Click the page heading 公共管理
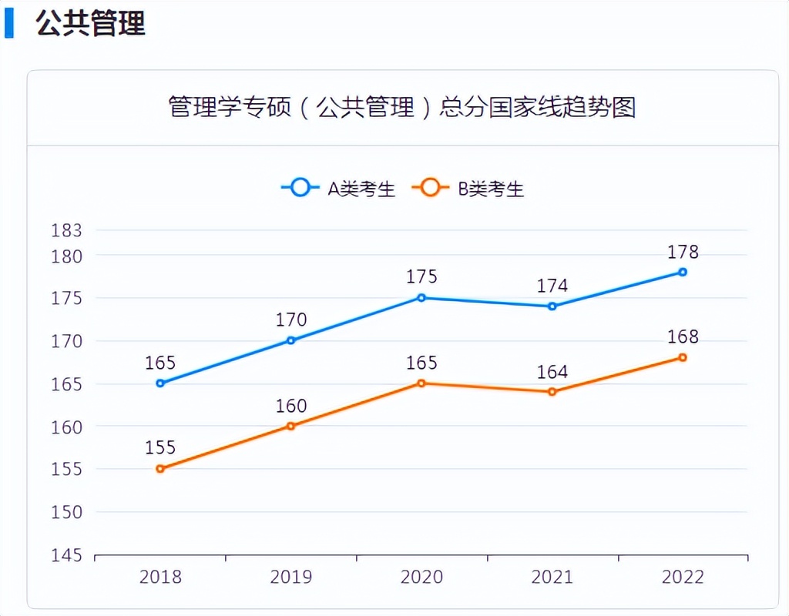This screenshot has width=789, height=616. pos(90,23)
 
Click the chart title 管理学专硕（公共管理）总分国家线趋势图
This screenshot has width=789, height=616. pos(401,107)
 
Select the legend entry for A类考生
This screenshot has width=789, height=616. pos(338,188)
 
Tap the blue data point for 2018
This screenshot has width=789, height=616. pos(160,383)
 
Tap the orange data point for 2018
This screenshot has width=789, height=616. pos(160,469)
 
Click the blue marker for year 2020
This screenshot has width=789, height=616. pos(421,298)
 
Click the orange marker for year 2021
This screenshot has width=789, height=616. pos(552,392)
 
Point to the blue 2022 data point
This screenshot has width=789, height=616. pos(683,272)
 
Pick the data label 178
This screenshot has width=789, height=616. pos(683,252)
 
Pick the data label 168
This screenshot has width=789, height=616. pos(683,337)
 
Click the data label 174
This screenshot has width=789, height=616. pos(552,286)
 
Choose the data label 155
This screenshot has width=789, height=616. pos(160,448)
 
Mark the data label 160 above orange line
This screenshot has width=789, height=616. pos(291,406)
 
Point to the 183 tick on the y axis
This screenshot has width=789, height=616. pos(66,230)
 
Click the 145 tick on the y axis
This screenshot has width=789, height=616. pos(66,555)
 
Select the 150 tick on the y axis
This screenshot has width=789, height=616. pos(66,512)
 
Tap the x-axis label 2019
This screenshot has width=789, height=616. pos(291,577)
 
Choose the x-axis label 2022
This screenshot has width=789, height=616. pos(683,577)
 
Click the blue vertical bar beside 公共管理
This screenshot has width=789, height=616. pos(8,23)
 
